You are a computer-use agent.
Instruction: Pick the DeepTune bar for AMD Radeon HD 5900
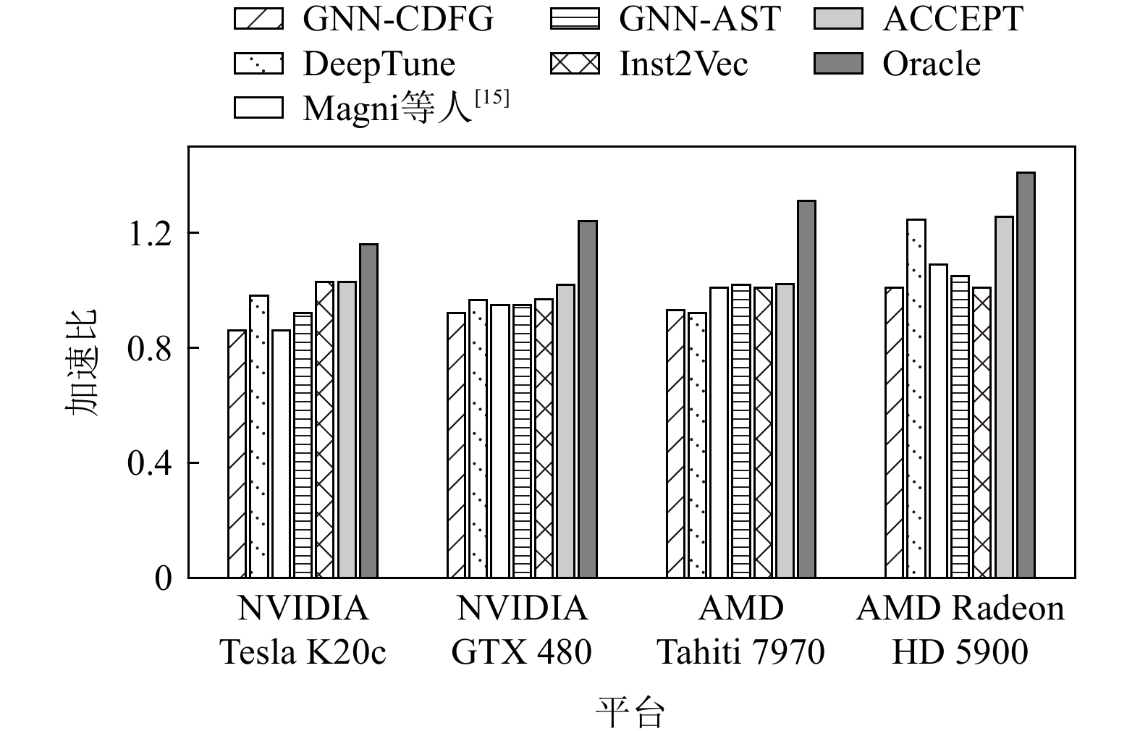(916, 398)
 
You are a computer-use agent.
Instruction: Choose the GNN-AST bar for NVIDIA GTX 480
(522, 441)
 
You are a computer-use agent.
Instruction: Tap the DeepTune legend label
(379, 64)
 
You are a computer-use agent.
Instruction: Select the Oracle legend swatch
(838, 64)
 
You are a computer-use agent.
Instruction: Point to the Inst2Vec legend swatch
(575, 64)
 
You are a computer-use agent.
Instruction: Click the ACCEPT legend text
(953, 19)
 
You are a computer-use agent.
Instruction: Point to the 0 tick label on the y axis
(164, 579)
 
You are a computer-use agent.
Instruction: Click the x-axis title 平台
(630, 712)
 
